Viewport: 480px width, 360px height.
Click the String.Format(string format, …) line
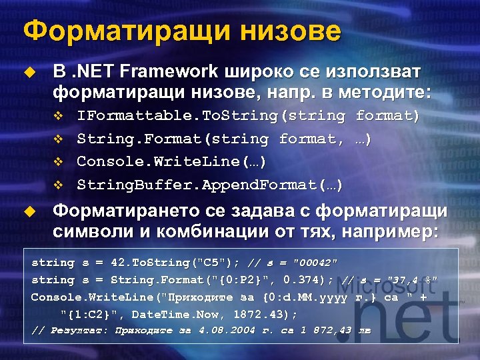pos(224,139)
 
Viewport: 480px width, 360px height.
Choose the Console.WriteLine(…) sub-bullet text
pos(172,161)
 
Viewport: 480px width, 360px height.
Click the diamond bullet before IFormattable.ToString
pos(57,117)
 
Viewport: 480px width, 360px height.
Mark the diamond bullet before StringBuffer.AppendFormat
pos(57,185)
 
